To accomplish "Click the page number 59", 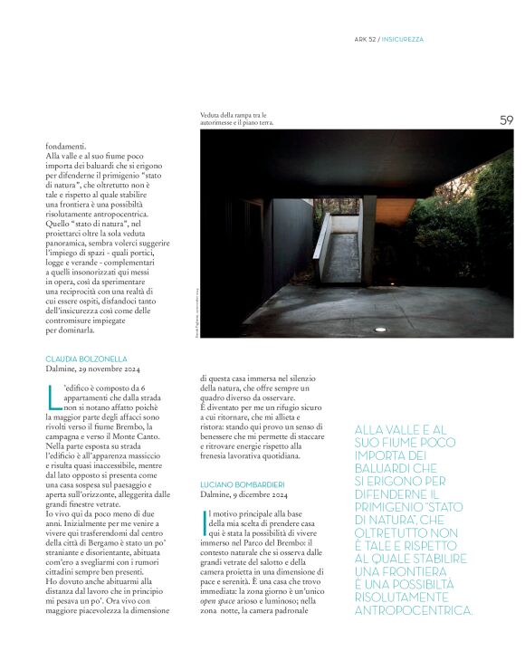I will [x=506, y=120].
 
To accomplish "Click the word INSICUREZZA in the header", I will [x=404, y=39].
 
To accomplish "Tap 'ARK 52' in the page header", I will [x=365, y=39].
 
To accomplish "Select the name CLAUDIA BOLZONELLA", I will [x=87, y=359].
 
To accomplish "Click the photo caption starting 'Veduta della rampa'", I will [x=237, y=119].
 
